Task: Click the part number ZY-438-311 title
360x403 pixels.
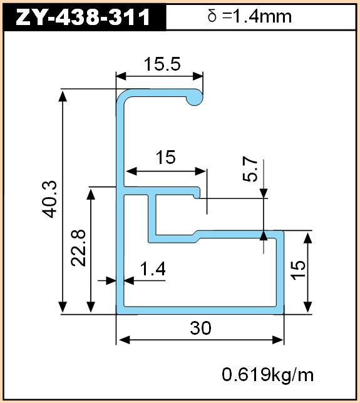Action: (x=83, y=17)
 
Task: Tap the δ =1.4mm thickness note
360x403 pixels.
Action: (x=249, y=16)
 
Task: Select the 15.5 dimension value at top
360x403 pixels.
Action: (x=162, y=64)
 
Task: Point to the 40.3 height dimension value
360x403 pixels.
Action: (x=49, y=199)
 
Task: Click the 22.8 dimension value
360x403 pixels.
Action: (x=78, y=248)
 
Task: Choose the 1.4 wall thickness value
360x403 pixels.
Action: (x=153, y=269)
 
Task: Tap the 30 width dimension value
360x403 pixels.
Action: (x=200, y=328)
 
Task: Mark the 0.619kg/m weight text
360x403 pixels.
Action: (x=268, y=374)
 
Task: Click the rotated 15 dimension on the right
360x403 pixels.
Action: (x=298, y=270)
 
